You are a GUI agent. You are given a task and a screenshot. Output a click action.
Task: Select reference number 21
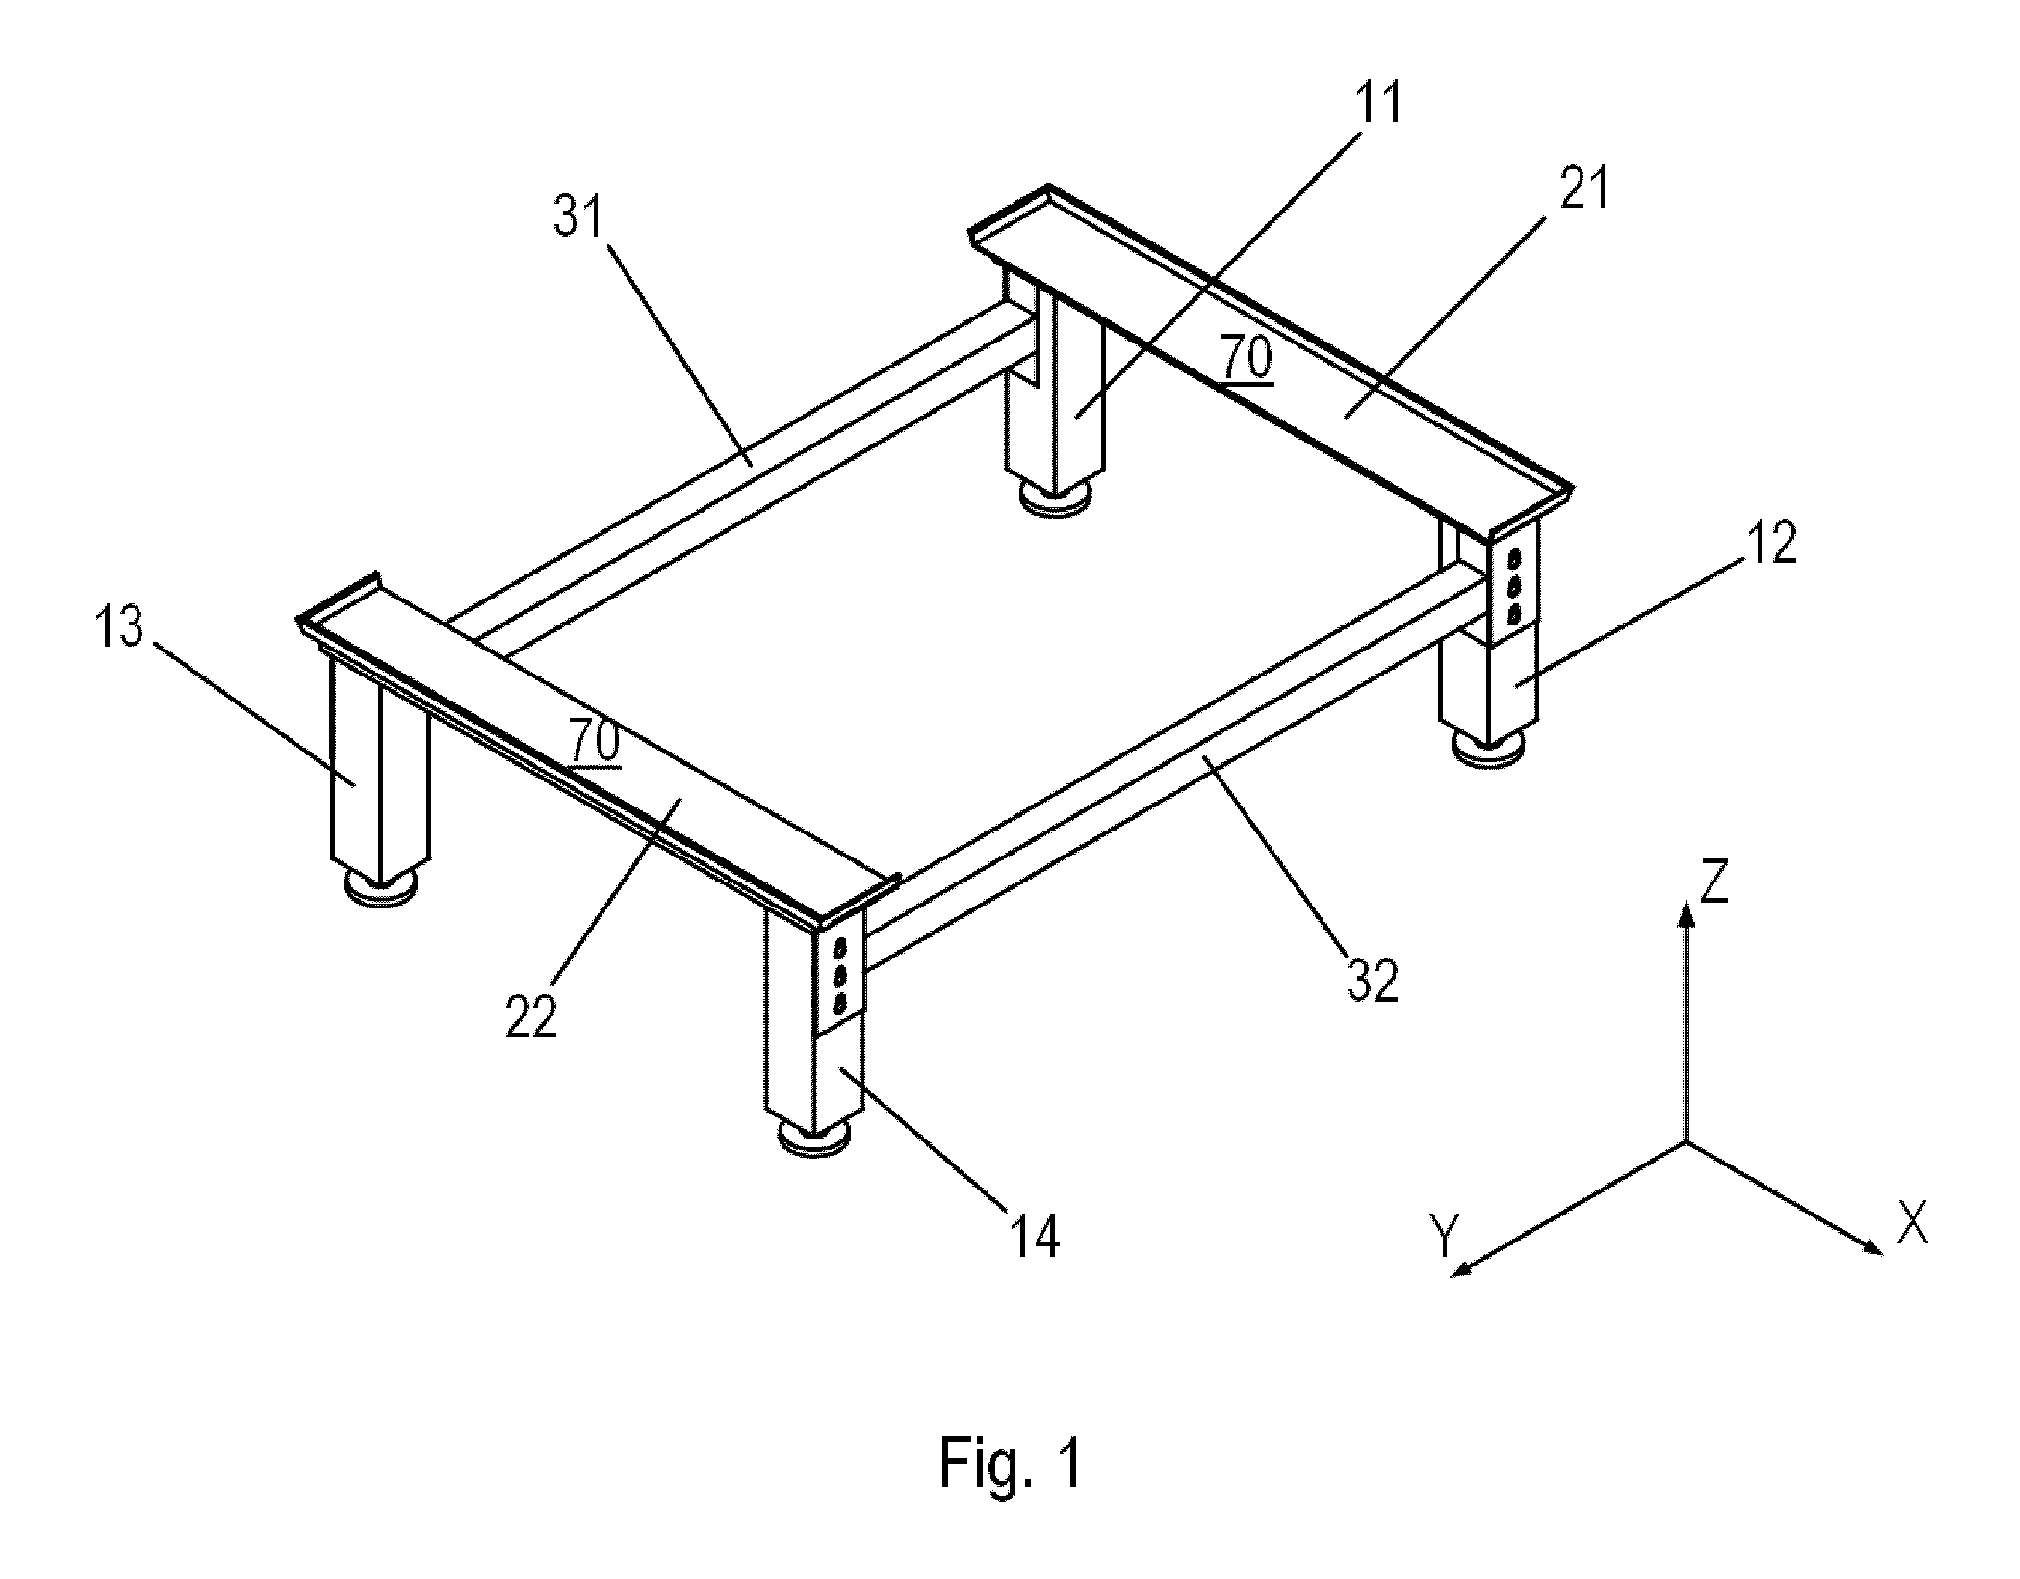(1583, 188)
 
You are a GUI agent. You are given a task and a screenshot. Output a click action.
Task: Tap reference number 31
(579, 217)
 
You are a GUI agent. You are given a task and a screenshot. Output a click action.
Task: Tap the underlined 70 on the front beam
(594, 740)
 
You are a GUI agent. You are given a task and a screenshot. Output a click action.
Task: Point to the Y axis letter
(1443, 1237)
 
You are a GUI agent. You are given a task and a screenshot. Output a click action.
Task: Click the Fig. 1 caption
(1010, 1462)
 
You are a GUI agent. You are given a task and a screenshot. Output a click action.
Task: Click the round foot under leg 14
(816, 1139)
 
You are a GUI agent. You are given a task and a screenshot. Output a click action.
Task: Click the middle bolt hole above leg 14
(841, 974)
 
